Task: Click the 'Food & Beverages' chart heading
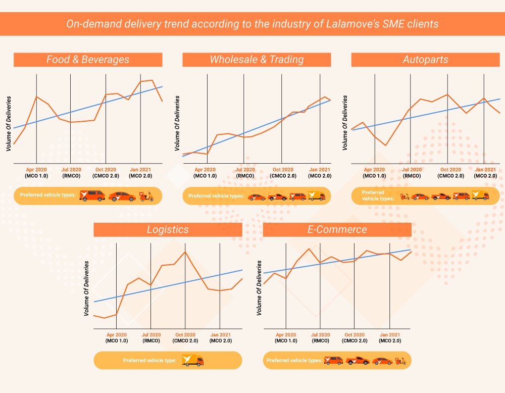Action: click(88, 60)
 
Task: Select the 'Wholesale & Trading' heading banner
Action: click(257, 60)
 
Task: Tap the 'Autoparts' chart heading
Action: click(425, 60)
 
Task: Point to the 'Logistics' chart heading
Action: click(168, 229)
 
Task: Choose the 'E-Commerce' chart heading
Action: click(337, 229)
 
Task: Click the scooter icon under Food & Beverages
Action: click(147, 196)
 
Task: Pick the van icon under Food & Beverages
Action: click(92, 195)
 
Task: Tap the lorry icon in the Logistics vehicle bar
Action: click(192, 360)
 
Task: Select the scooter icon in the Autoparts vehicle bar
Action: click(405, 196)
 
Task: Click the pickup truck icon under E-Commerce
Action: click(358, 361)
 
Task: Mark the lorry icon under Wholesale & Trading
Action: click(317, 196)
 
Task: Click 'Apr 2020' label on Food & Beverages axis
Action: click(36, 170)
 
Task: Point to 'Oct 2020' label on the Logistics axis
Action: click(185, 335)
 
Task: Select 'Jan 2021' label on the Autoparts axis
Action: click(485, 170)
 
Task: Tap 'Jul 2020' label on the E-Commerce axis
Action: click(321, 335)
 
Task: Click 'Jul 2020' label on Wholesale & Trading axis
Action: click(245, 170)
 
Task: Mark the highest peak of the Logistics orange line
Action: click(185, 252)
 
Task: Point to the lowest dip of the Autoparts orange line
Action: click(386, 145)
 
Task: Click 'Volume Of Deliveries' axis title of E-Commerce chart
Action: click(260, 288)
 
